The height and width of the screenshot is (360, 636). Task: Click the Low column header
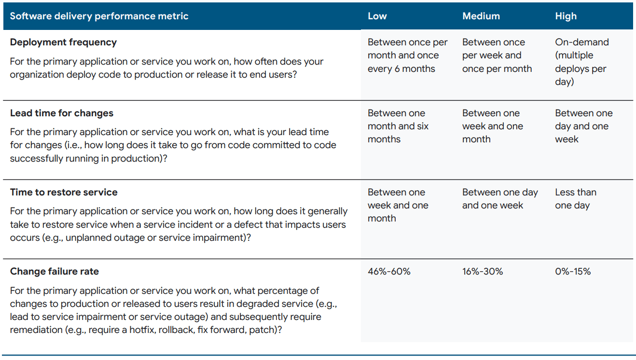click(x=377, y=16)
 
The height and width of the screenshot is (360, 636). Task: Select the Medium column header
click(x=481, y=16)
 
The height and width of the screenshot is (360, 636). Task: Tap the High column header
click(x=566, y=16)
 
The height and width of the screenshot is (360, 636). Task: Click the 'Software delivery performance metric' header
click(x=99, y=16)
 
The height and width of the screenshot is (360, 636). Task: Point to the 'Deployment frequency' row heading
click(x=63, y=42)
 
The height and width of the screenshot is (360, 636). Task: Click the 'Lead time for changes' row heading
click(x=62, y=113)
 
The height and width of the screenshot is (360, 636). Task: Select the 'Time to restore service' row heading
click(x=64, y=192)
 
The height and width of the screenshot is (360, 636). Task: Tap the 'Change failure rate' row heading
click(x=55, y=271)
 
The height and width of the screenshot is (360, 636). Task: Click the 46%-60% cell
click(x=389, y=271)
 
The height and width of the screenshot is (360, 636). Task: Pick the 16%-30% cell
click(x=483, y=271)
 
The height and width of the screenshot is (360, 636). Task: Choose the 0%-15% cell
click(x=573, y=271)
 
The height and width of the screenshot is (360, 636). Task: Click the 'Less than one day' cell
click(x=576, y=199)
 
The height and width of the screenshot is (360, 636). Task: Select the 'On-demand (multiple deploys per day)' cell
click(x=582, y=62)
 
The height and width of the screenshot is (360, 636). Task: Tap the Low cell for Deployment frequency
click(x=407, y=55)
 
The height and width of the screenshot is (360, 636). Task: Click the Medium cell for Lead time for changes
click(x=492, y=126)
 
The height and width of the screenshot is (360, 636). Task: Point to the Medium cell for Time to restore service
click(x=500, y=199)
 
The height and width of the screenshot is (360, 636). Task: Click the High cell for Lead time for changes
click(x=584, y=126)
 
